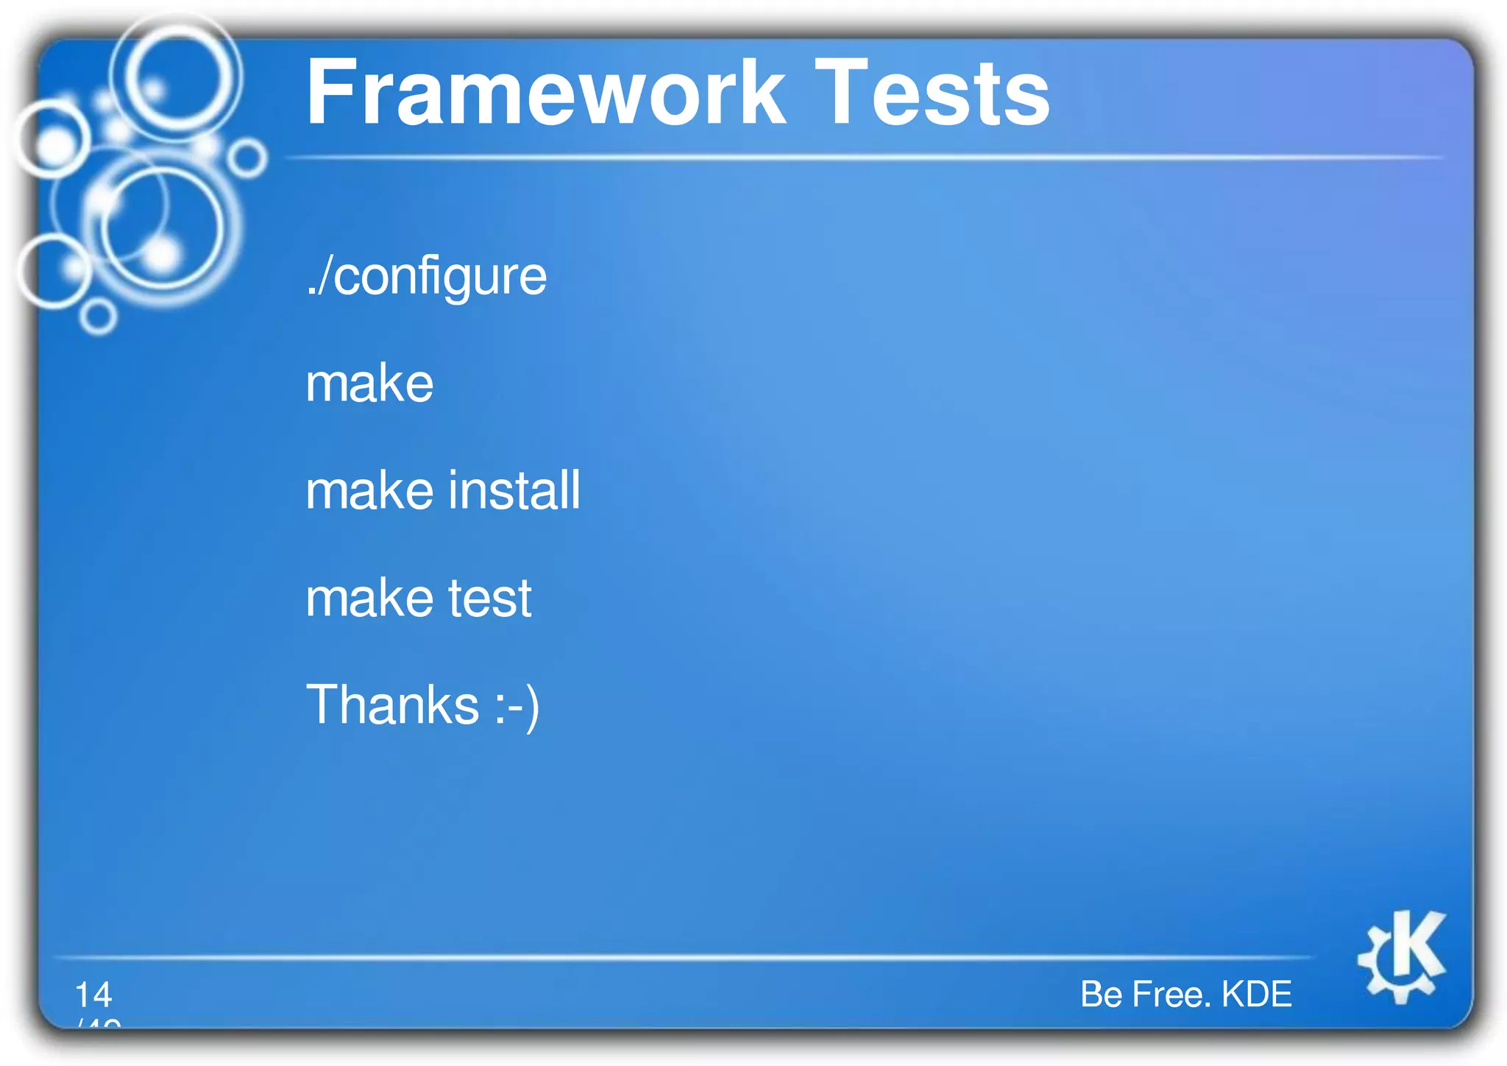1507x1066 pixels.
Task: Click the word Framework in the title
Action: click(545, 93)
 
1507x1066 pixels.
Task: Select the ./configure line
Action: click(426, 277)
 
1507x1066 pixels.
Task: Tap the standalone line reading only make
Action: click(369, 384)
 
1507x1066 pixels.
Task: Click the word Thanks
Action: click(392, 705)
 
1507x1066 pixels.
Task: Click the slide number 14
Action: click(93, 995)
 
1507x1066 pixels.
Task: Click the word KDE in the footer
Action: click(1256, 995)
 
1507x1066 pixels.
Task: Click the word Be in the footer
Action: click(1101, 995)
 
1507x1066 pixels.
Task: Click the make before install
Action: click(369, 490)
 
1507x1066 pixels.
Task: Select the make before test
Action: click(369, 598)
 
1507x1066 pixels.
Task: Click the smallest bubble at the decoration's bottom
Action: click(97, 317)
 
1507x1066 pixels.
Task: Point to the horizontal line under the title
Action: click(861, 158)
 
